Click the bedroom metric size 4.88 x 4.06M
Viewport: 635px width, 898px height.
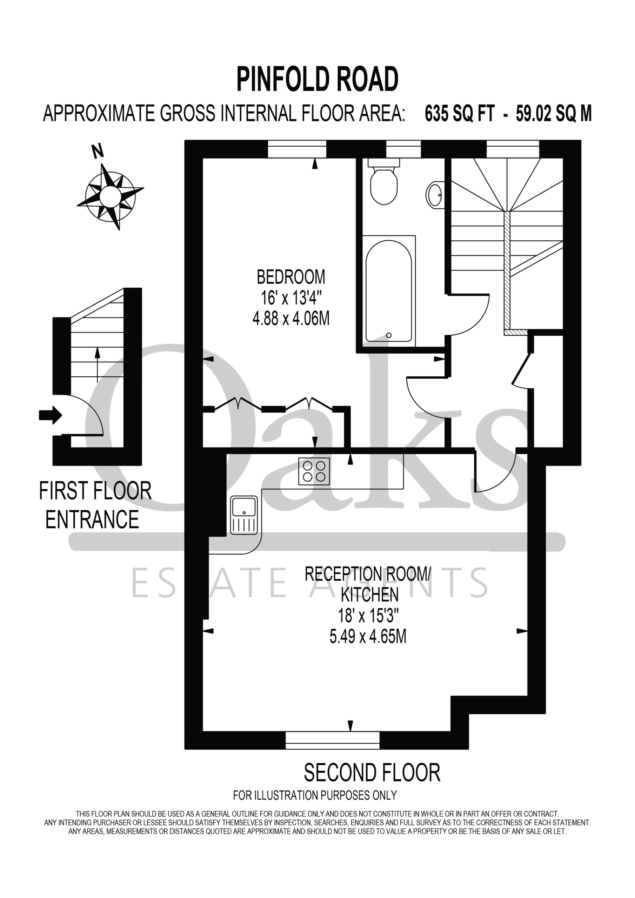click(291, 319)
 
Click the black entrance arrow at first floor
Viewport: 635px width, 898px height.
click(51, 415)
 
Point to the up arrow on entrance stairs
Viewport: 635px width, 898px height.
click(98, 364)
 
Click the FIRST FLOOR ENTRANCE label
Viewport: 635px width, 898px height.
click(95, 505)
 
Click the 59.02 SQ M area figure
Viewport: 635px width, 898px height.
click(553, 114)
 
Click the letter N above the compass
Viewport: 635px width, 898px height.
click(98, 151)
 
